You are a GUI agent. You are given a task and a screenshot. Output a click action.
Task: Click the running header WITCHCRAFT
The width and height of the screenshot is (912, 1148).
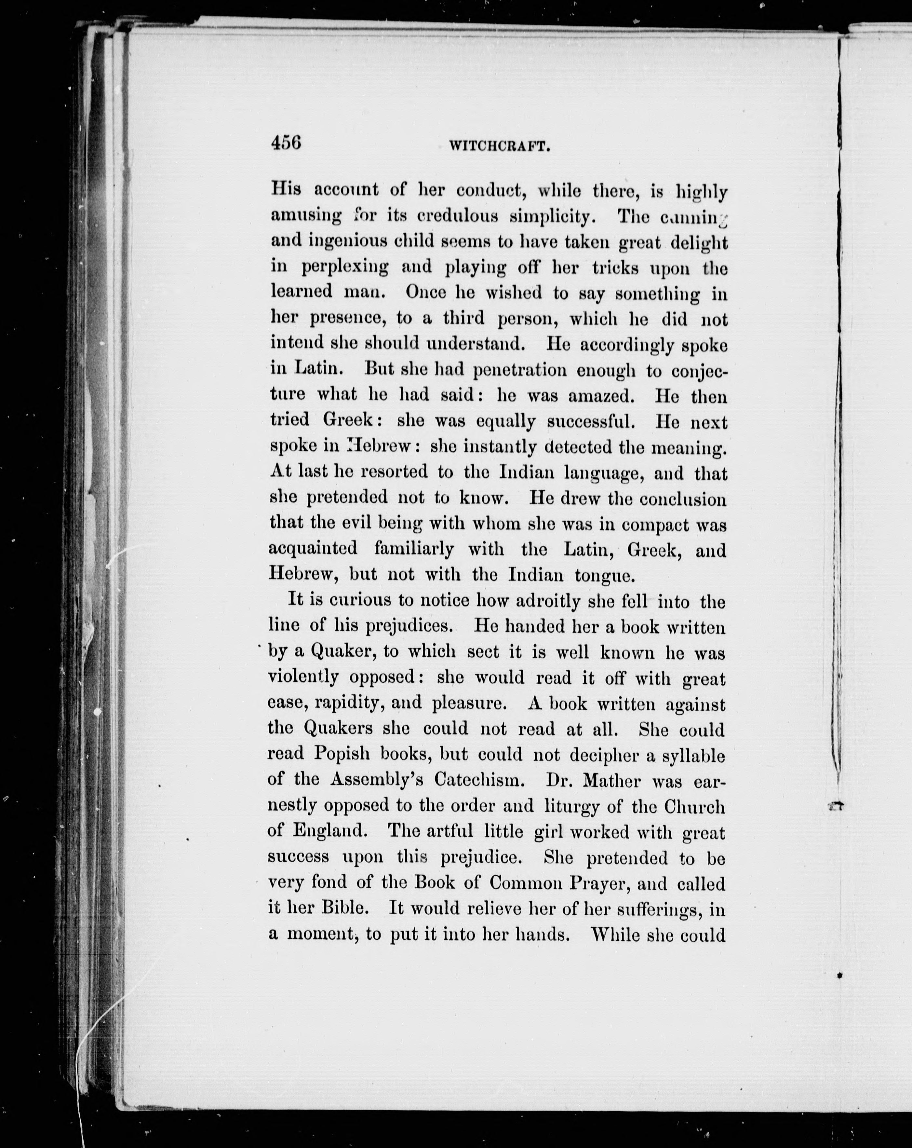tap(499, 146)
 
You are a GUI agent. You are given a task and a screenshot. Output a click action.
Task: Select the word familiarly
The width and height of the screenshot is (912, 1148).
tap(414, 548)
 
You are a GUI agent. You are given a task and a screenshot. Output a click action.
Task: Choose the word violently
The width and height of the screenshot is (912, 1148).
tap(303, 677)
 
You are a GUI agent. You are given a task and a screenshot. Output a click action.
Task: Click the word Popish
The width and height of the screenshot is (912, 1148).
tap(341, 754)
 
